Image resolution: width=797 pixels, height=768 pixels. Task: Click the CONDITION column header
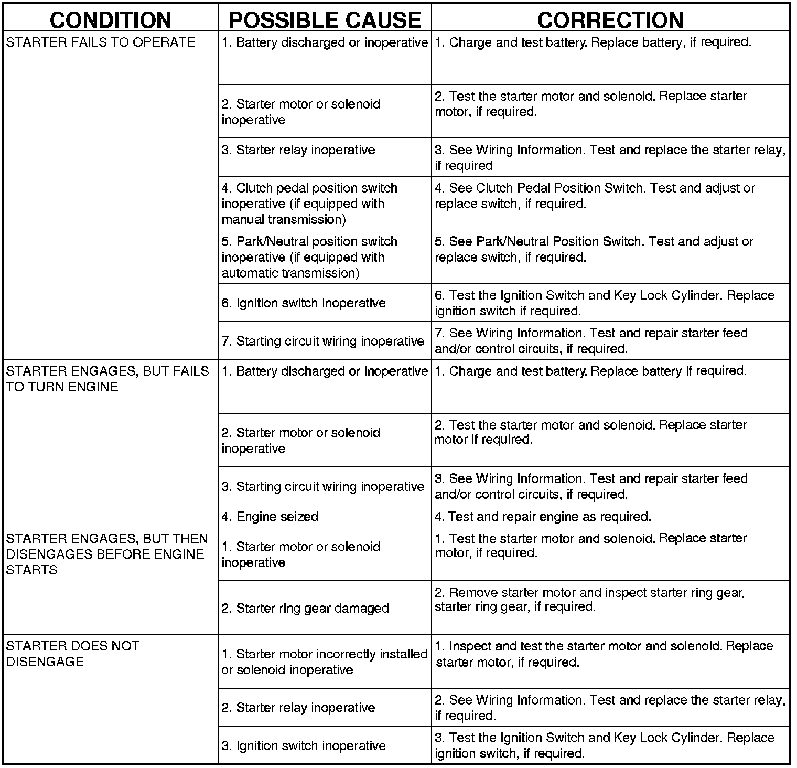(111, 20)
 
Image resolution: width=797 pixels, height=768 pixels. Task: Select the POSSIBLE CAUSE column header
(325, 20)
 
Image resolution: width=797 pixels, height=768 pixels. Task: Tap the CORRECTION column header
(610, 20)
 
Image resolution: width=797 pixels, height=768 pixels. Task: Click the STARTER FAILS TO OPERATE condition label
(101, 42)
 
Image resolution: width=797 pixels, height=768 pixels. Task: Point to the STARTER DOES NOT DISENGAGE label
(72, 654)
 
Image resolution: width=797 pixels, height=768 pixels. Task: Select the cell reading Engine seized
(270, 517)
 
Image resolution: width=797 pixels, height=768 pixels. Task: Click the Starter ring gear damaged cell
(305, 609)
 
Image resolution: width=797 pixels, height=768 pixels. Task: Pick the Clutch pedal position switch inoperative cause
(309, 204)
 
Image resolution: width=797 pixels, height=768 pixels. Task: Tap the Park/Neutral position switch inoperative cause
(309, 257)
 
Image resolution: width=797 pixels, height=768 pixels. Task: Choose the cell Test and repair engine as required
(543, 517)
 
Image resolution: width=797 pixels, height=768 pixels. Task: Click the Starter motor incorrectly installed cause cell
(325, 662)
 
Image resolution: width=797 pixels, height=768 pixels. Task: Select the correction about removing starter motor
(590, 600)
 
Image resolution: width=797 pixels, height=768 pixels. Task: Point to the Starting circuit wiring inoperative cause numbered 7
(323, 342)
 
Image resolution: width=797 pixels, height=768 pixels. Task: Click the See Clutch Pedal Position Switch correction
(595, 196)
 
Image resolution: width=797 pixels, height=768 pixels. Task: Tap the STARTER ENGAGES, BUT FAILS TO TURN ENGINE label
(107, 379)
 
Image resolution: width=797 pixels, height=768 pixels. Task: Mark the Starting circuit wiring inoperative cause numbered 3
(323, 487)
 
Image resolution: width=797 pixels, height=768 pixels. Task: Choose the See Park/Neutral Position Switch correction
(594, 249)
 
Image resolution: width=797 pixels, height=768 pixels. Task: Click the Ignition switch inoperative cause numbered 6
(304, 303)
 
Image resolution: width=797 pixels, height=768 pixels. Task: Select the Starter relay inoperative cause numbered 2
(298, 708)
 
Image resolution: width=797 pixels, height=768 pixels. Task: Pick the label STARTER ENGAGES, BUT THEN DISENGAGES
(107, 554)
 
